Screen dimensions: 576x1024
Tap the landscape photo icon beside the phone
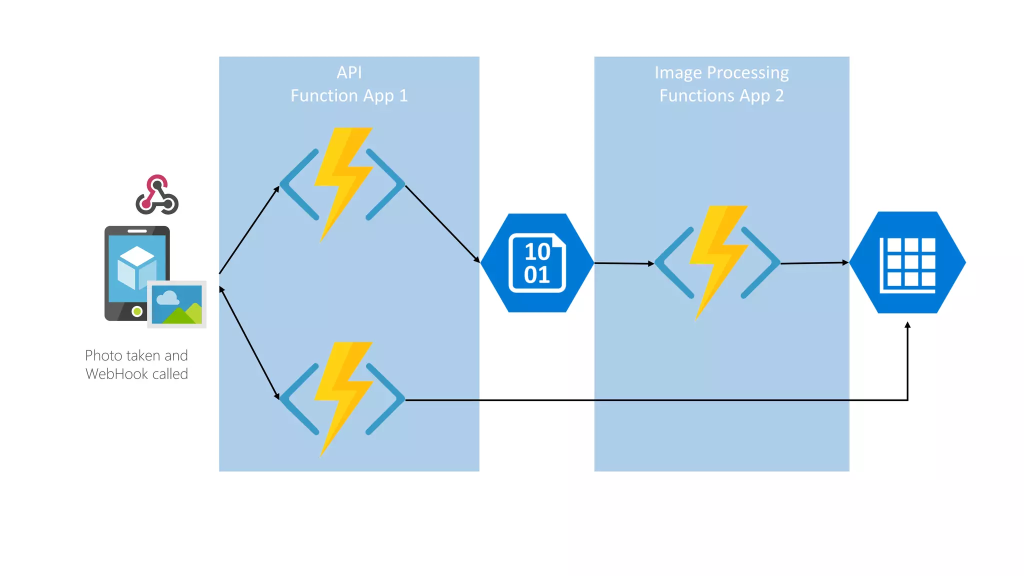[177, 304]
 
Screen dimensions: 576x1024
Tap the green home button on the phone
[137, 311]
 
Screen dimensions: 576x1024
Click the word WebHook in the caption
[117, 374]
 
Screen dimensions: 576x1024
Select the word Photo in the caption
[103, 355]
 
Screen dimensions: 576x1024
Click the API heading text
[349, 72]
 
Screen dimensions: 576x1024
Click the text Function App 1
[349, 95]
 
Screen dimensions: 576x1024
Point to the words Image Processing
[721, 73]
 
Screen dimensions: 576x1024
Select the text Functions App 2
[721, 95]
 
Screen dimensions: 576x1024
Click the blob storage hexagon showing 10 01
[537, 263]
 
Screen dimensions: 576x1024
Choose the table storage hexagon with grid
[907, 263]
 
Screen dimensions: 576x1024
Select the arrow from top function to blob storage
[442, 223]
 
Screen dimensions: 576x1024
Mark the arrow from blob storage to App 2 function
[624, 263]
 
